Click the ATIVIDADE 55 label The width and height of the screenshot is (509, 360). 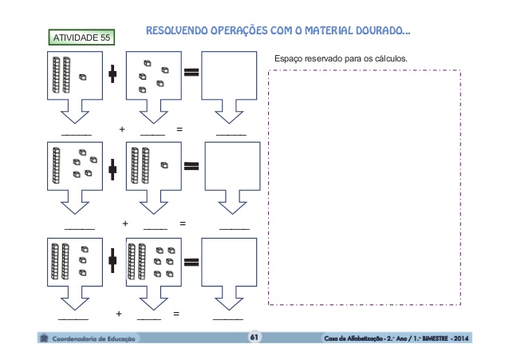(81, 38)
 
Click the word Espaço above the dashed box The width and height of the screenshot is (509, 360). (288, 58)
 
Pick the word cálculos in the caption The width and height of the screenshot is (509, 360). (388, 58)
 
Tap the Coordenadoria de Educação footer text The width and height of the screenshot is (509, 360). (94, 338)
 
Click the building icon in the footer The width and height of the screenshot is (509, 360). (43, 338)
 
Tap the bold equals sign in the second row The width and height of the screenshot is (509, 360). (191, 167)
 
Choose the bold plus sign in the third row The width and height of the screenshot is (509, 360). (112, 259)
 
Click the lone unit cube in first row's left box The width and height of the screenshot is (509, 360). (82, 77)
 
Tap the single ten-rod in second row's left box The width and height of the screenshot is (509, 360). (57, 164)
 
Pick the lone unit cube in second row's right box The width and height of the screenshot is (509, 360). (164, 166)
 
